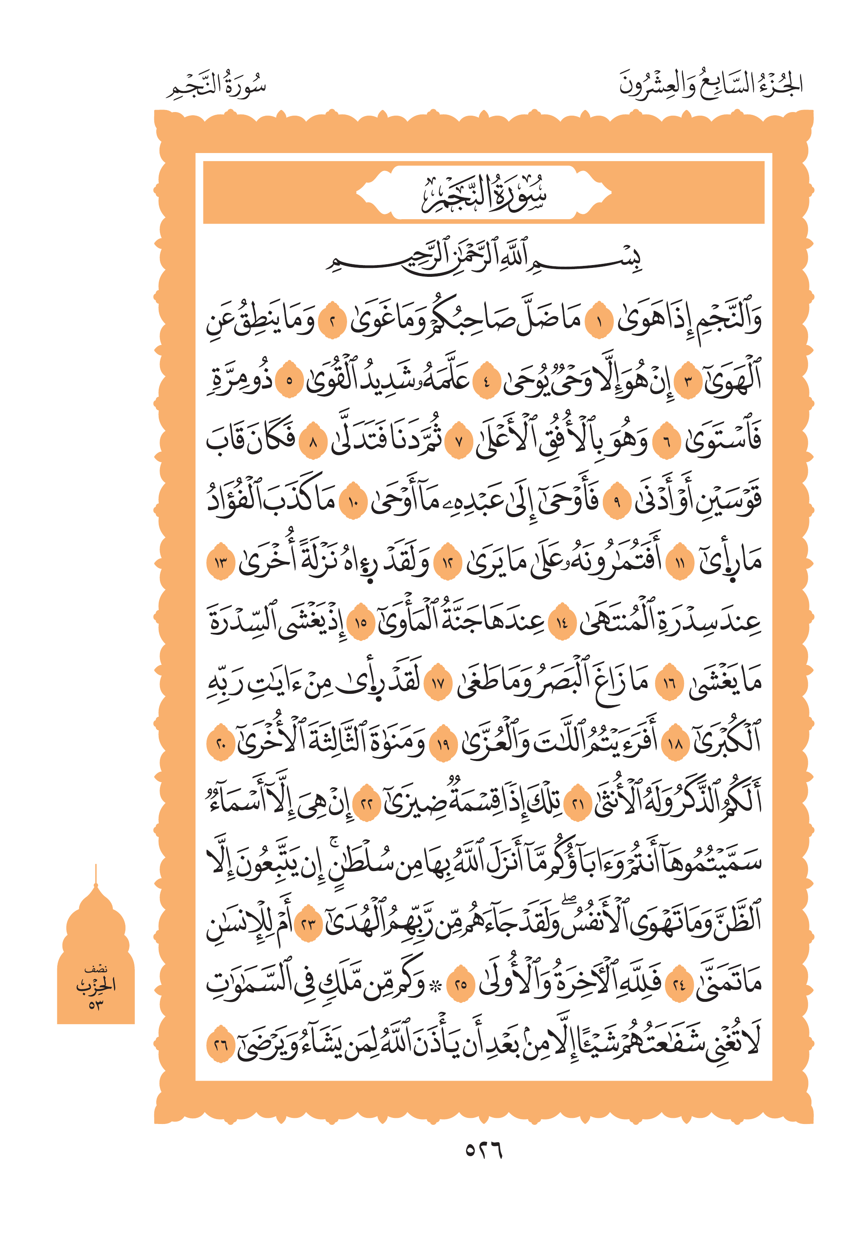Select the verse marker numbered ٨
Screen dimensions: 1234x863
[313, 443]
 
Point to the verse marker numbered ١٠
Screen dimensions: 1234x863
[352, 503]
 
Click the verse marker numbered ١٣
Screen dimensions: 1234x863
[220, 563]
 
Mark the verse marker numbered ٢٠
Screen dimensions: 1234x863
[220, 744]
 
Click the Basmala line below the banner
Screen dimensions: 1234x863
[483, 257]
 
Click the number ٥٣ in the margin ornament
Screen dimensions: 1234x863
[96, 1004]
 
